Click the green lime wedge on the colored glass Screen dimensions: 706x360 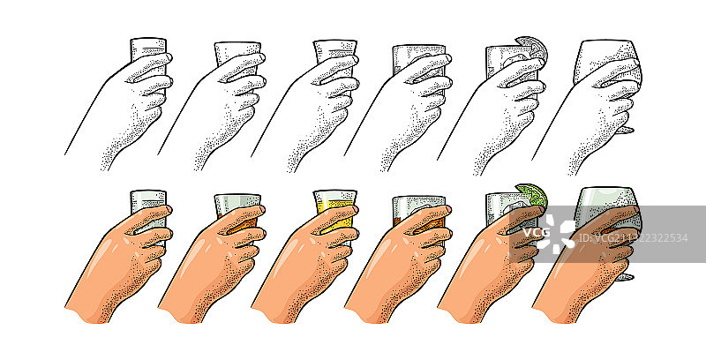(x=534, y=194)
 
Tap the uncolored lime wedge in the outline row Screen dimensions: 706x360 (x=534, y=47)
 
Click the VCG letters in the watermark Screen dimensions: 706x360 (x=536, y=233)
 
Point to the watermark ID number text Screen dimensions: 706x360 (x=633, y=238)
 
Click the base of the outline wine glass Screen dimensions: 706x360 (x=625, y=130)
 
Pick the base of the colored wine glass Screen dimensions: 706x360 (x=625, y=277)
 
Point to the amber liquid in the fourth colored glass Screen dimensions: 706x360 (x=404, y=221)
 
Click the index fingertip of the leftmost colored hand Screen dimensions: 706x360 (x=167, y=209)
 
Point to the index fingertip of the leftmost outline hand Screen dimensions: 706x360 (x=167, y=57)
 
